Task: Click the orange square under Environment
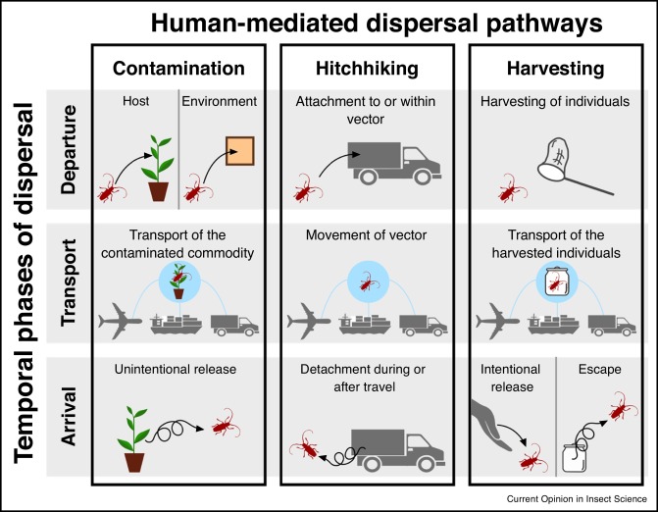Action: tap(239, 154)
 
